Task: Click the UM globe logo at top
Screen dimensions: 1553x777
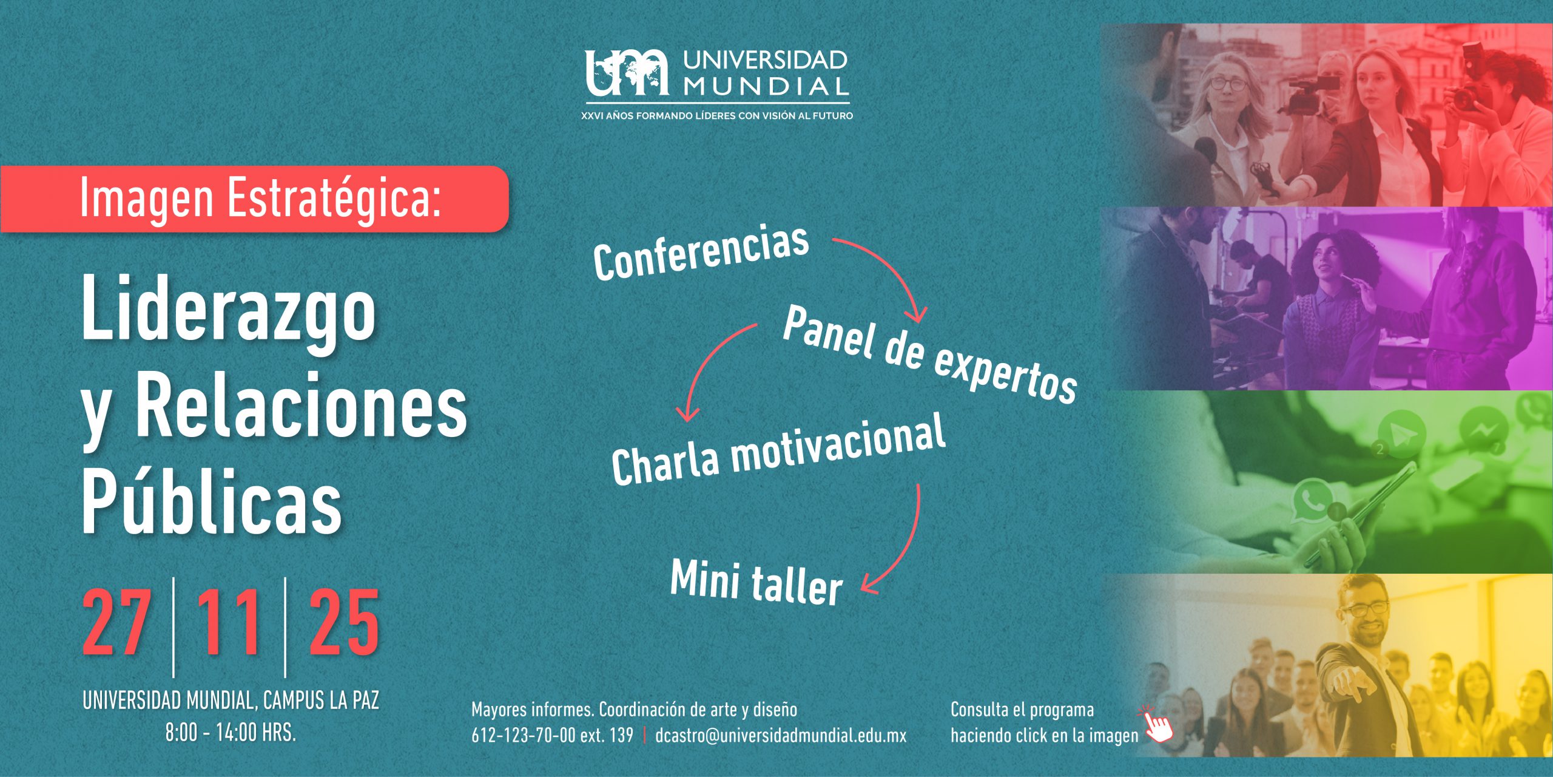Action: click(627, 72)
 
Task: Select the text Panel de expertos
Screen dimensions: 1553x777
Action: click(929, 355)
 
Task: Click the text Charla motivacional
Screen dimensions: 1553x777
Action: click(778, 449)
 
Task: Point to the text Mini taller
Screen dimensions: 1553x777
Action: click(756, 582)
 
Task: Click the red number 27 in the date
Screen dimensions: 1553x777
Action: click(117, 623)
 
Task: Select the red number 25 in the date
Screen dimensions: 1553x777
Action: click(344, 623)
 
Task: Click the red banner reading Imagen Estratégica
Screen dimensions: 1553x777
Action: click(254, 198)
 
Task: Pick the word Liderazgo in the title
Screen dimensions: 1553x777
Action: click(229, 314)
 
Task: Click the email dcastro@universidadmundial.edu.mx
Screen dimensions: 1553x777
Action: click(781, 736)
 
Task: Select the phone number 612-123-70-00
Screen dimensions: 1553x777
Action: click(524, 736)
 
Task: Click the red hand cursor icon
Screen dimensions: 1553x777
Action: click(1157, 724)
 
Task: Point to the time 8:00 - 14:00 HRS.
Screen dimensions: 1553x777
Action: click(231, 733)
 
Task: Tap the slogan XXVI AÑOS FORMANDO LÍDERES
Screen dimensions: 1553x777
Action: click(716, 115)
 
